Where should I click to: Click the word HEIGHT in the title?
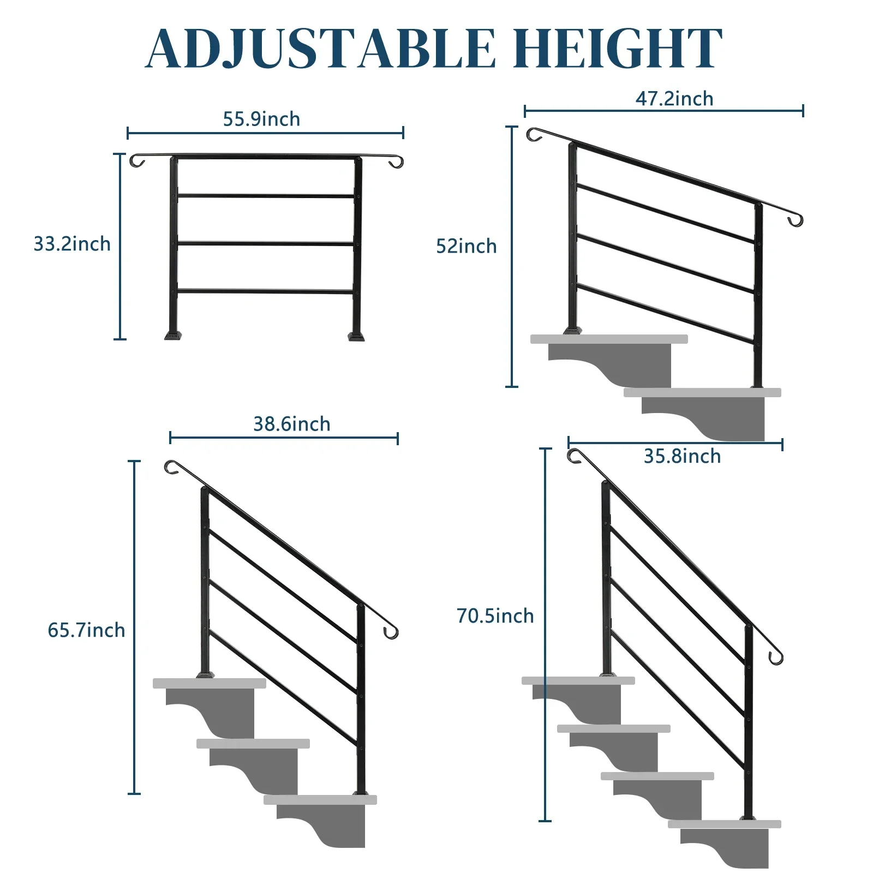tap(618, 49)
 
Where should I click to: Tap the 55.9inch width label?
tap(261, 119)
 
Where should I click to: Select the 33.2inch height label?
tap(72, 244)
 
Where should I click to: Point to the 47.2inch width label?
tap(674, 99)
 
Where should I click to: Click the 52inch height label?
tap(466, 246)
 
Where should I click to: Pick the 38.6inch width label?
tap(291, 424)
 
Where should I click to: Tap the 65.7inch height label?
tap(86, 630)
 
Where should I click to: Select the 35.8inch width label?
tap(682, 456)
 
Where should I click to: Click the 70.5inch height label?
tap(495, 616)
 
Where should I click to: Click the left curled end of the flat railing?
tap(136, 161)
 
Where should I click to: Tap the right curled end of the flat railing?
tap(396, 162)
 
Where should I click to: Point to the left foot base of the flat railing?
tap(173, 335)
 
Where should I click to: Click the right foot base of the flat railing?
tap(356, 335)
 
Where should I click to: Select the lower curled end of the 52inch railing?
tap(796, 220)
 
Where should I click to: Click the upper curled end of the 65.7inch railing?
tap(171, 467)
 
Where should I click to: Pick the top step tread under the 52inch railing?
tap(609, 339)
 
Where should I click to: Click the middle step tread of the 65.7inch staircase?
tap(253, 743)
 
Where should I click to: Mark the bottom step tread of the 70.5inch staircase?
tap(725, 824)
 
